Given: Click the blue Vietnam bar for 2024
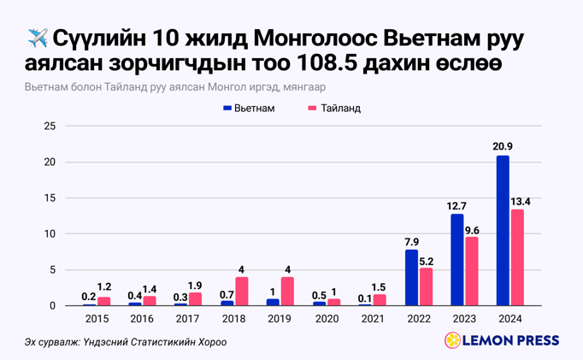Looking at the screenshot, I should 503,231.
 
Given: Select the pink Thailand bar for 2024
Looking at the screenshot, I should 517,257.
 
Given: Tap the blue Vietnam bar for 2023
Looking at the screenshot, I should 457,260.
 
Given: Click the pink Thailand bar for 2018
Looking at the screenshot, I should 242,292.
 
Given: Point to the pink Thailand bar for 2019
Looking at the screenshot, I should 287,292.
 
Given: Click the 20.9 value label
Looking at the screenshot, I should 503,147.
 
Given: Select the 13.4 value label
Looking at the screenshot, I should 521,201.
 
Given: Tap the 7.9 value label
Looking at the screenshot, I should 411,241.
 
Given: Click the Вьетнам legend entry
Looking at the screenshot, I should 249,109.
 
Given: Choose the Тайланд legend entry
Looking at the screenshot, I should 334,109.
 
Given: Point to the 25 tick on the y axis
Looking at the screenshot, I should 50,127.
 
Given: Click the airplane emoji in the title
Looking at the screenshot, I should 38,38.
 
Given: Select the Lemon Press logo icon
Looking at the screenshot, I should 452,340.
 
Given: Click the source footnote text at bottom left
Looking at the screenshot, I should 126,342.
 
